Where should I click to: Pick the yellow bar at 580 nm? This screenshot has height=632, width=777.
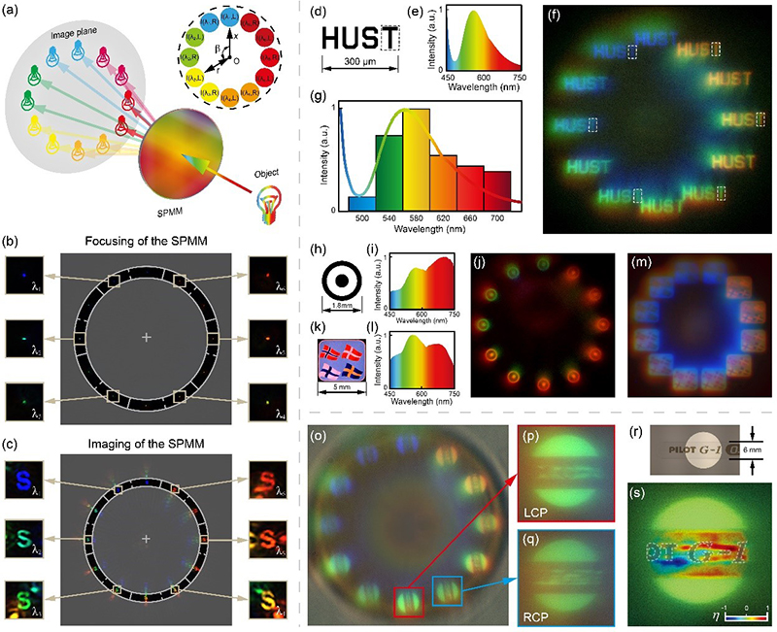click(x=416, y=160)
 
